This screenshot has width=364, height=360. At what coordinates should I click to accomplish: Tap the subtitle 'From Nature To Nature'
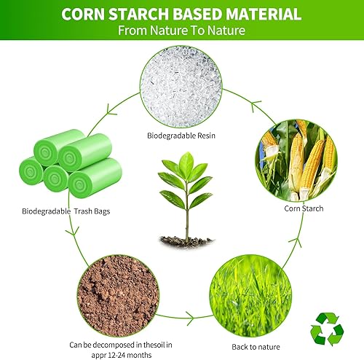click(x=182, y=32)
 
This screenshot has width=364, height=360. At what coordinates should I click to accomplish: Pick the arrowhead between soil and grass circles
click(x=190, y=317)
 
